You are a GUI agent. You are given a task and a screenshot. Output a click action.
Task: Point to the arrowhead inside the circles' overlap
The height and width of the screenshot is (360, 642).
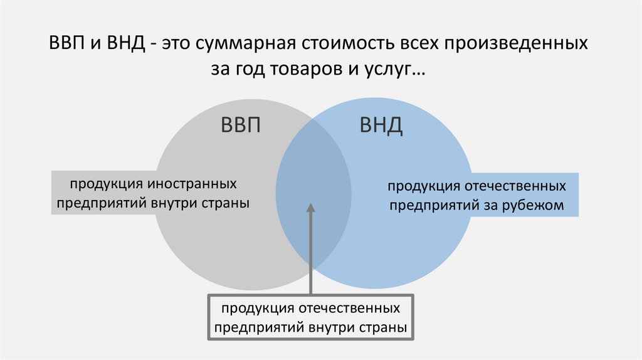(x=310, y=207)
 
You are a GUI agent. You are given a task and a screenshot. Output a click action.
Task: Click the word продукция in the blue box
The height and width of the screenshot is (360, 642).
(x=422, y=186)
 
